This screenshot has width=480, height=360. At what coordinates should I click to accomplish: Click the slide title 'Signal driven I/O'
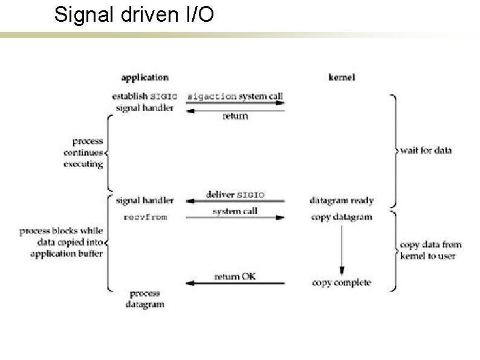134,16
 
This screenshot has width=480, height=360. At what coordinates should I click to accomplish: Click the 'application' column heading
144,77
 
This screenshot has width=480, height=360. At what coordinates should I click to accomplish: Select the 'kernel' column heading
342,77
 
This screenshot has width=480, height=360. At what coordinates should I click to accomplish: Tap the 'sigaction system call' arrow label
235,96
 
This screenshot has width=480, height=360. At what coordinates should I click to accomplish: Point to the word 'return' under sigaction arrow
235,116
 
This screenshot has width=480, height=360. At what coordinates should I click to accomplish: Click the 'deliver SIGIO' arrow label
235,195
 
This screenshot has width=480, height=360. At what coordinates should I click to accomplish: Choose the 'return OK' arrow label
236,277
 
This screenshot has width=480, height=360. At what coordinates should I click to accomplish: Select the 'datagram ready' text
342,200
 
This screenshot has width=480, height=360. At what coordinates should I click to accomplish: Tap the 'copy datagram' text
342,217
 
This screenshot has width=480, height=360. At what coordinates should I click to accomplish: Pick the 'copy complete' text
342,283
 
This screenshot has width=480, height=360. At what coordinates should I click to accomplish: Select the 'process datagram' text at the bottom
144,299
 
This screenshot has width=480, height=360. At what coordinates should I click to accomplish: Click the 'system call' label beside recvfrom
235,211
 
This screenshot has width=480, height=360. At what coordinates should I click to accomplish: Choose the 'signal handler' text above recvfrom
144,200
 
